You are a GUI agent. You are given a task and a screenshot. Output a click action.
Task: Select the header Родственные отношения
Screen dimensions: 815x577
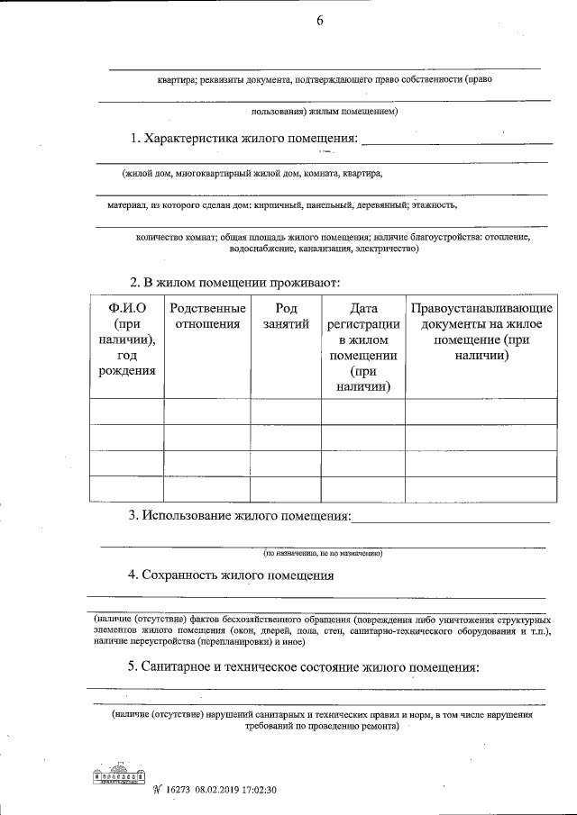206,317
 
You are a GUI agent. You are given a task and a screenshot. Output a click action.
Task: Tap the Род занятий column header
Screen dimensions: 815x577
286,317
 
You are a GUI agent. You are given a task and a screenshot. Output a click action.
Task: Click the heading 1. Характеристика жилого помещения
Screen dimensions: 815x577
244,140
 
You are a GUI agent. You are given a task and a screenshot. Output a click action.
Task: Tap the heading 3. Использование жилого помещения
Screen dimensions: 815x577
240,516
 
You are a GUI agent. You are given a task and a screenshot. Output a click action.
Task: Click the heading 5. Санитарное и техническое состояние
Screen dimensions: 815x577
303,667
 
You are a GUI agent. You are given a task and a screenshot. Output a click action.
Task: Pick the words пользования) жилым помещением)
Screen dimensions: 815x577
325,112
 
